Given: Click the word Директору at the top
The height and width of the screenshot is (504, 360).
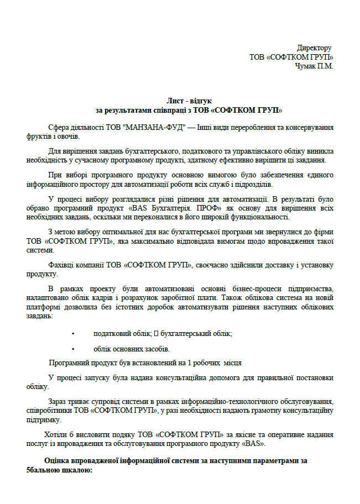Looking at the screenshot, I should point(314,48).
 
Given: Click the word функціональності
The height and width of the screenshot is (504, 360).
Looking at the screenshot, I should point(255,217).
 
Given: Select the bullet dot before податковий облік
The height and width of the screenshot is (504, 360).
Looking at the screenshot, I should point(73,334).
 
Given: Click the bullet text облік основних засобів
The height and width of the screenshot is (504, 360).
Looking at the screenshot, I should point(132,349).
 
